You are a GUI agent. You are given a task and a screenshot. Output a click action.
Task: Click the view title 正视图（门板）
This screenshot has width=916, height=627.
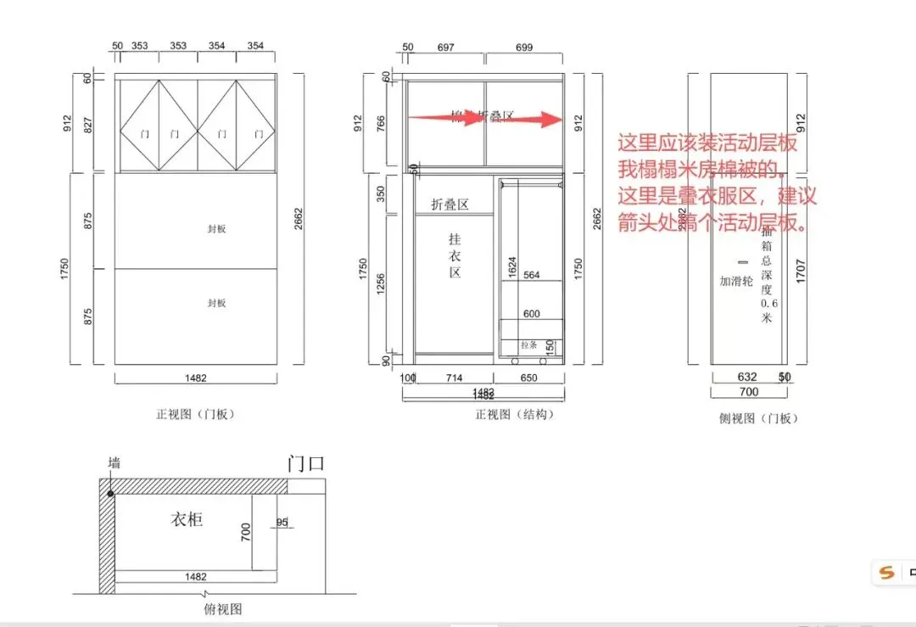(195, 415)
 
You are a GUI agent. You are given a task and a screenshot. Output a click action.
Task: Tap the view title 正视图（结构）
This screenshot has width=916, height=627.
(515, 415)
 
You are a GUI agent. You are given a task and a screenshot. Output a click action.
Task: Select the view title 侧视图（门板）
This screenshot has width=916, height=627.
(758, 418)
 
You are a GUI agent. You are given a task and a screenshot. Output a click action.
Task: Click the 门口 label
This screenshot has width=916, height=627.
(306, 464)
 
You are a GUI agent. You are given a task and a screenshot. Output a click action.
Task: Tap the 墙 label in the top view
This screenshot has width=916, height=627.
(114, 462)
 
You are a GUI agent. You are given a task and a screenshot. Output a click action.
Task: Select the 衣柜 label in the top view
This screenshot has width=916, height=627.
(187, 518)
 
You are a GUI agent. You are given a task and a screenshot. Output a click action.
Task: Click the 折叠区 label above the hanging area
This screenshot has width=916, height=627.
(450, 204)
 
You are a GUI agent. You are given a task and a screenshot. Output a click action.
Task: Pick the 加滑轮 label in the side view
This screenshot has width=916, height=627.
(736, 281)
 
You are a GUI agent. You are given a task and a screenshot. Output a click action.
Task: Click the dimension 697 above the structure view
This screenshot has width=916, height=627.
(445, 48)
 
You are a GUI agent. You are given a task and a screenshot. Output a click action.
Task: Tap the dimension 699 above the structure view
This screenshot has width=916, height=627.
(524, 48)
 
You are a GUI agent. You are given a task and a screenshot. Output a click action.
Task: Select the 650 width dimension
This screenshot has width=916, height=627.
(528, 378)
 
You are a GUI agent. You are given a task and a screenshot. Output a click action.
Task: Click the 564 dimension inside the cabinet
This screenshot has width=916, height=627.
(532, 275)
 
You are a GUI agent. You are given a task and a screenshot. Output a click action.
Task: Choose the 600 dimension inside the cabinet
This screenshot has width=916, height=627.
(532, 314)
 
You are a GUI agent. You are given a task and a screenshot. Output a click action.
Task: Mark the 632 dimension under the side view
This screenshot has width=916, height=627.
(747, 377)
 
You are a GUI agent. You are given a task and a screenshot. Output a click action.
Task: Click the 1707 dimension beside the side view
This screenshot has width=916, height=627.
(802, 270)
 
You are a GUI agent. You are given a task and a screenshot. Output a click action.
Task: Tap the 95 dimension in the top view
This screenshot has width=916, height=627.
(282, 523)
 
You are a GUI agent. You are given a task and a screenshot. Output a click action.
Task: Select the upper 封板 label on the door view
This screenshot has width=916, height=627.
(217, 229)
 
